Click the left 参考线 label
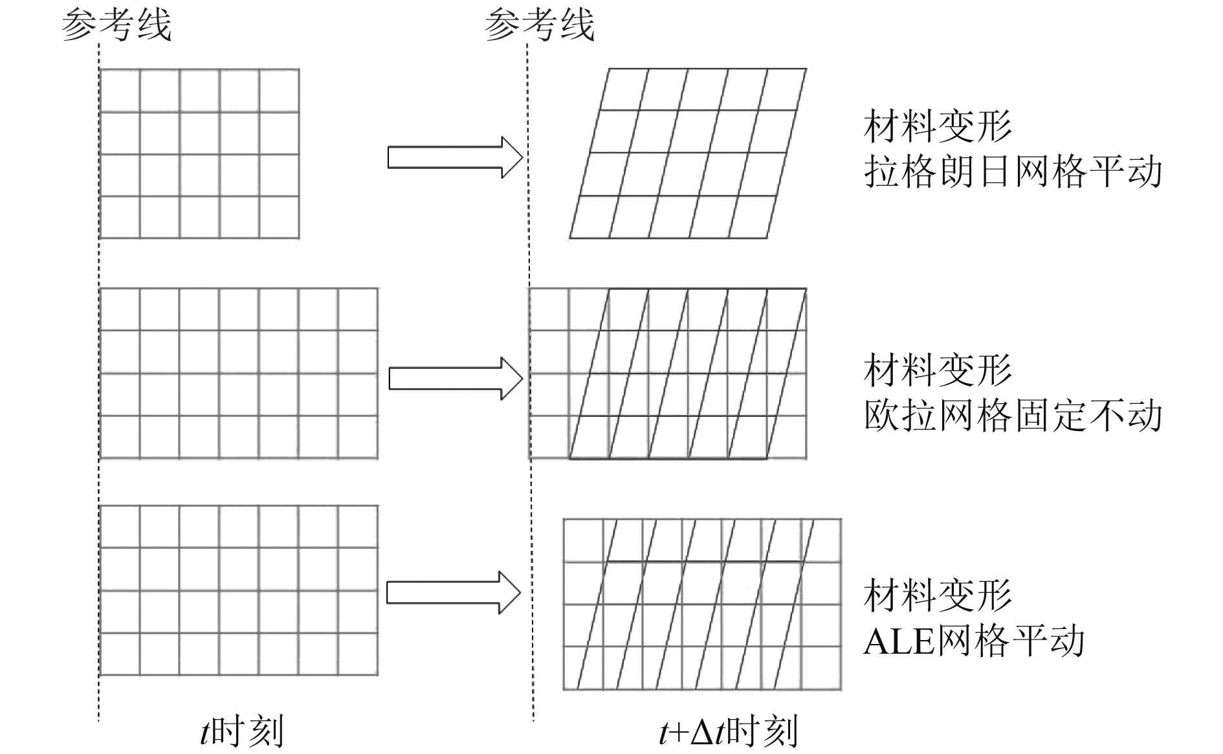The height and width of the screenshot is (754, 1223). pos(116,26)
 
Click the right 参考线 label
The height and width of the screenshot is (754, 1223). pos(539,26)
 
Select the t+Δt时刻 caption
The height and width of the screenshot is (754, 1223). pos(728,732)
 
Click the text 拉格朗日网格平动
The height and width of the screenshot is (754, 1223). pos(1013,172)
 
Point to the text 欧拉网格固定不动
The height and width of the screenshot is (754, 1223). pos(1013,416)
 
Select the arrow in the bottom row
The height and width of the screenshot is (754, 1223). pos(454,592)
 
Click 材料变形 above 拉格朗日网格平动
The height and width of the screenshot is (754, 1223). pos(938,126)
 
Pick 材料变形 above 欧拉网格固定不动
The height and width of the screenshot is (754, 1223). pos(938,370)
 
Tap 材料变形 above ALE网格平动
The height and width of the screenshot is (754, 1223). pos(938,595)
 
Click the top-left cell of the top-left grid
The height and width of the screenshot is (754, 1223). pos(120,91)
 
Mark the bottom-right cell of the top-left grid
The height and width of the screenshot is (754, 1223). pos(279,217)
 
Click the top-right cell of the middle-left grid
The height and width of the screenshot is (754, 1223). pos(358,309)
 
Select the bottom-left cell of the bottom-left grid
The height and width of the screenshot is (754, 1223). pos(120,654)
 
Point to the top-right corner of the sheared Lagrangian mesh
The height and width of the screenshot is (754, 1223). pos(806,69)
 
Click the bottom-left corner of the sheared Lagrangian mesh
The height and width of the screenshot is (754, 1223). pos(570,238)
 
